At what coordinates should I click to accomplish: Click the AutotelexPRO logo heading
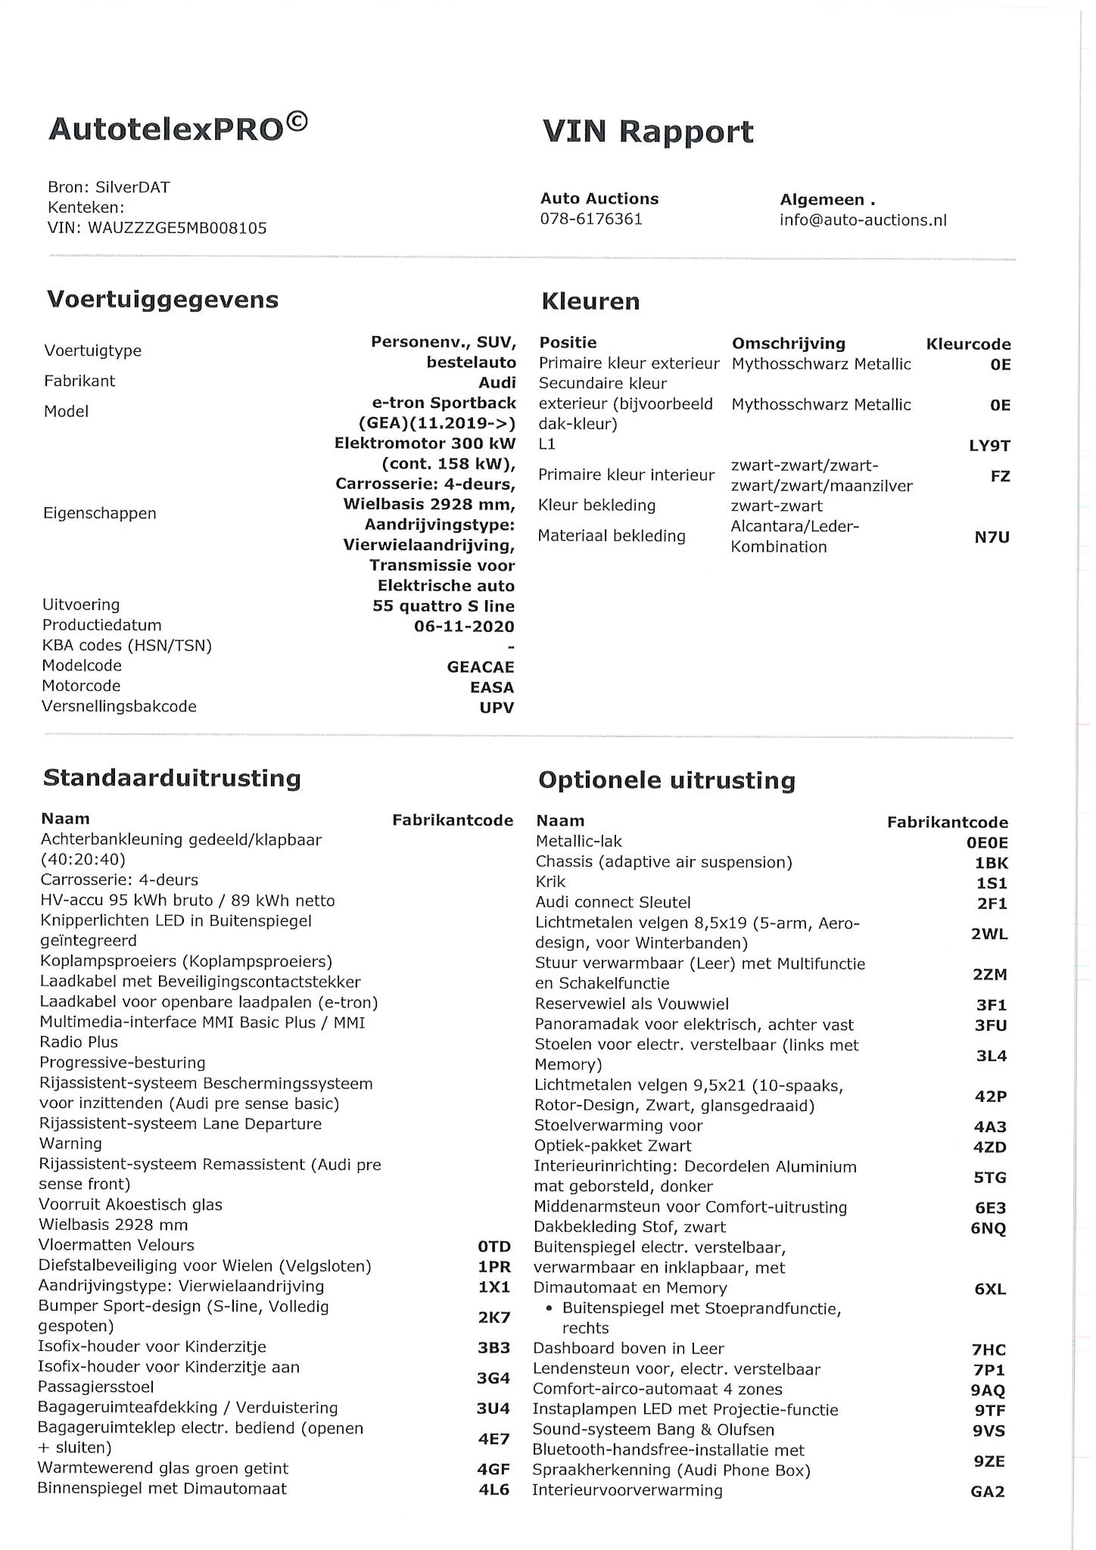pyautogui.click(x=178, y=128)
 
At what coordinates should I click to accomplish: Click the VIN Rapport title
pyautogui.click(x=648, y=132)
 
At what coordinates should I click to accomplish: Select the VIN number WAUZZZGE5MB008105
pyautogui.click(x=177, y=228)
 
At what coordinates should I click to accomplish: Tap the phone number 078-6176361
pyautogui.click(x=591, y=219)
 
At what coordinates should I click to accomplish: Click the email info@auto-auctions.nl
pyautogui.click(x=863, y=220)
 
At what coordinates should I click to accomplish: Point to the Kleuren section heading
pyautogui.click(x=590, y=301)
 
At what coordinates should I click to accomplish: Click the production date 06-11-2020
pyautogui.click(x=464, y=627)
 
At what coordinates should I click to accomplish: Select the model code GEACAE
pyautogui.click(x=481, y=667)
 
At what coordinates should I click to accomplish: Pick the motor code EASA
pyautogui.click(x=491, y=687)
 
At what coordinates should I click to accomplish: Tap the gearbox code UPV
pyautogui.click(x=497, y=708)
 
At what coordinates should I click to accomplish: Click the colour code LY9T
pyautogui.click(x=989, y=446)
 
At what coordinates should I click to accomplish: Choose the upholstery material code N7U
pyautogui.click(x=992, y=537)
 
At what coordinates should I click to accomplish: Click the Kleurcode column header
pyautogui.click(x=968, y=344)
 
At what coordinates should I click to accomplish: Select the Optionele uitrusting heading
pyautogui.click(x=666, y=780)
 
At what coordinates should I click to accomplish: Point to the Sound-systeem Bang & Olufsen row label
pyautogui.click(x=653, y=1430)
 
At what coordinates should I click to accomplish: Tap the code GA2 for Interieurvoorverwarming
pyautogui.click(x=988, y=1492)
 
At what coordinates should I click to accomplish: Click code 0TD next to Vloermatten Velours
pyautogui.click(x=494, y=1247)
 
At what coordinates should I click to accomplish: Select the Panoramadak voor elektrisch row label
pyautogui.click(x=693, y=1025)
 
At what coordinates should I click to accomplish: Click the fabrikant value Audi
pyautogui.click(x=497, y=382)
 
